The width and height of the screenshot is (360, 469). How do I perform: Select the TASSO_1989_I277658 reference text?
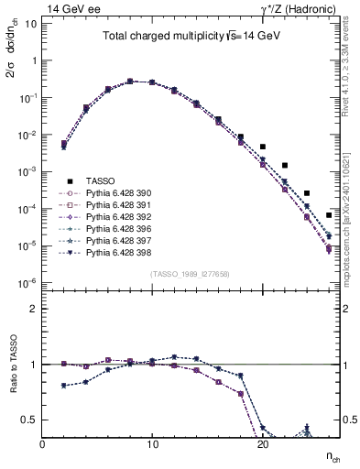(x=191, y=274)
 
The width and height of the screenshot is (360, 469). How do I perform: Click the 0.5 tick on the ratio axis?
(x=28, y=420)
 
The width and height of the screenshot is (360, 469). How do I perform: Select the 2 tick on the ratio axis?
(x=32, y=309)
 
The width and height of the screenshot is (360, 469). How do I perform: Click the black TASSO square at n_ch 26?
(x=329, y=215)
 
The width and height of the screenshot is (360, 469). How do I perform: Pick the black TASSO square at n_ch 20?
(x=263, y=147)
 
